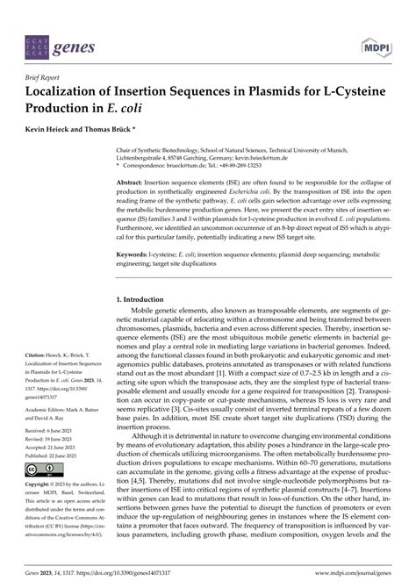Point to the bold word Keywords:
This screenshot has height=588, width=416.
coord(133,254)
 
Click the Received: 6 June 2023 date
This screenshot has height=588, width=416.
coord(47,433)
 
